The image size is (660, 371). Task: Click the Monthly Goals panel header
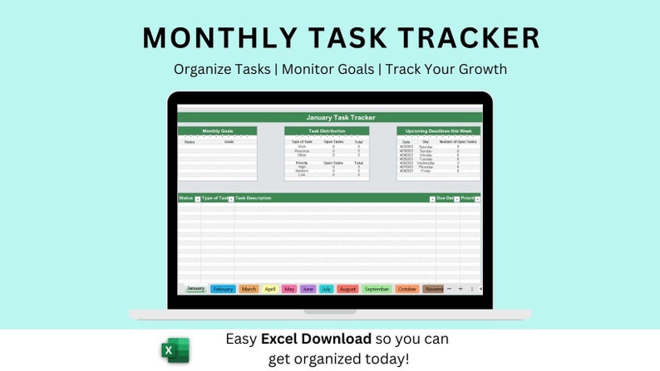(x=217, y=131)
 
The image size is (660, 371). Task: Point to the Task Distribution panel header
(x=327, y=131)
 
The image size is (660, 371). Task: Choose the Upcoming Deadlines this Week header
(x=438, y=131)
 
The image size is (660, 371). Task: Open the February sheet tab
(x=223, y=289)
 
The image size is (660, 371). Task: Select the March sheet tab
(x=249, y=289)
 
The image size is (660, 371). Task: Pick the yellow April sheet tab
(x=270, y=289)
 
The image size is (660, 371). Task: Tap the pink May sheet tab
(x=289, y=289)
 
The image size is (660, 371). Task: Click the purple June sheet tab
(x=308, y=289)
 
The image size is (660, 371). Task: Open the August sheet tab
(x=348, y=289)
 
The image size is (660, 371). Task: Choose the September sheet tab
(x=377, y=289)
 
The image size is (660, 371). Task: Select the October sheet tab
(x=407, y=289)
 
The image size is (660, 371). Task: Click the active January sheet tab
(x=195, y=288)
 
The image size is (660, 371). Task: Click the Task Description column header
(x=254, y=198)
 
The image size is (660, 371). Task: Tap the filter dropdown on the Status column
(x=197, y=199)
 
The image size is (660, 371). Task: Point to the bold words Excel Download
(x=317, y=339)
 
